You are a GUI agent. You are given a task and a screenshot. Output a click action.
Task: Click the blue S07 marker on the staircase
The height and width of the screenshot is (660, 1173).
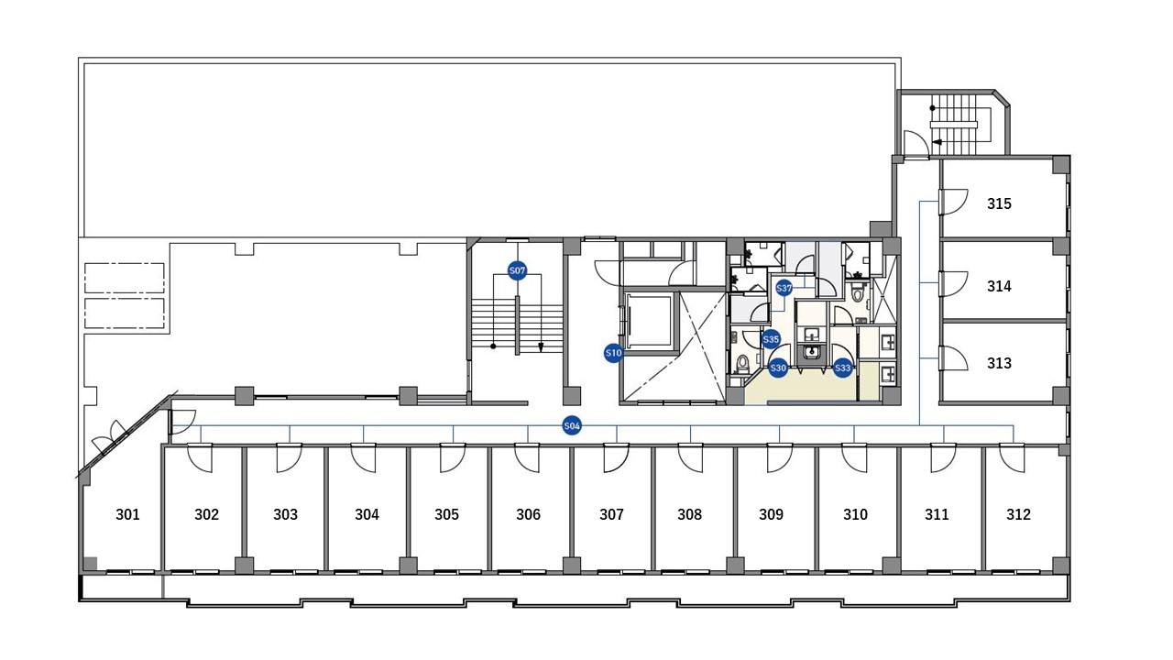tap(517, 270)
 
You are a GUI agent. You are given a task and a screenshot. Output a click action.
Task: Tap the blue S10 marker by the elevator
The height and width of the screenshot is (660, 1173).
tap(613, 353)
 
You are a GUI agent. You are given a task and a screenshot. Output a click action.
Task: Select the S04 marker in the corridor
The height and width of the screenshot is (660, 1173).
tap(572, 426)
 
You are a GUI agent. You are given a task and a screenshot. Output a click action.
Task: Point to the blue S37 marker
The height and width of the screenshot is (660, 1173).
tap(784, 288)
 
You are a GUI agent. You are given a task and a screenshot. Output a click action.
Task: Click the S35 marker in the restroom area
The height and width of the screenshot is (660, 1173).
tap(771, 339)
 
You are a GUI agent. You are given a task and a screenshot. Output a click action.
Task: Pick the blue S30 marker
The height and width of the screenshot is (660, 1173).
tap(778, 368)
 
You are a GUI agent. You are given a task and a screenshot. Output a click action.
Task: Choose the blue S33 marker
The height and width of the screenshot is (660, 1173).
tap(842, 368)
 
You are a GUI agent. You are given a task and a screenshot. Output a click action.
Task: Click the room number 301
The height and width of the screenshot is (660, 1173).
tap(127, 514)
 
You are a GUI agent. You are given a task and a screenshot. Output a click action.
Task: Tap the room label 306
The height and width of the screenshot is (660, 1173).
tap(528, 514)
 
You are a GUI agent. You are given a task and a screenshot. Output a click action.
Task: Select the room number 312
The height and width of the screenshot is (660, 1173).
tap(1018, 514)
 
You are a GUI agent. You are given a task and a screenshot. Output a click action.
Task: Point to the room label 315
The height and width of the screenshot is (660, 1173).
tap(999, 203)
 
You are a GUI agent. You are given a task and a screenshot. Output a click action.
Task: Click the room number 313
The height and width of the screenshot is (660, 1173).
tap(999, 363)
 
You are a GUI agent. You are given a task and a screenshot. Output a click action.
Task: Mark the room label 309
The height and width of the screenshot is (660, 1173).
tap(772, 514)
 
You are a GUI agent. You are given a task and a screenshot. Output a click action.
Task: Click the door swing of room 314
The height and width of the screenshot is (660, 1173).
tap(953, 283)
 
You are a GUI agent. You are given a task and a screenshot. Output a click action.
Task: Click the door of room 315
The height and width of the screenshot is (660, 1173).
tap(953, 202)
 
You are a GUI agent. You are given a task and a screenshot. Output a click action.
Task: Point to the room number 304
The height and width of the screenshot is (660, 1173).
tap(367, 514)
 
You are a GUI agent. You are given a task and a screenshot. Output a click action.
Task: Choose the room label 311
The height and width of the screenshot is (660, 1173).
tap(937, 514)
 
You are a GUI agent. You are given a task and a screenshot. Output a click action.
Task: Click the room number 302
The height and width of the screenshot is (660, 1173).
tap(207, 514)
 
